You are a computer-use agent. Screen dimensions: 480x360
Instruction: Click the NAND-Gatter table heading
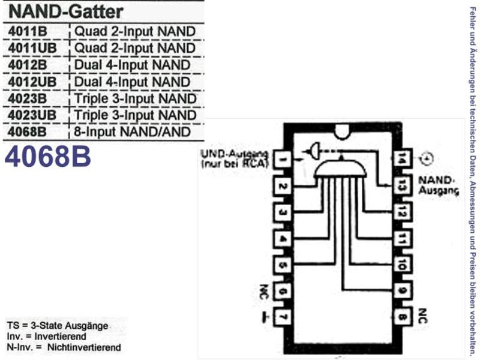(66, 12)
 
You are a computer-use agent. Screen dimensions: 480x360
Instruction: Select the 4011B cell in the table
(28, 31)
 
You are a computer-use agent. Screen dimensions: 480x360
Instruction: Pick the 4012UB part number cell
(32, 82)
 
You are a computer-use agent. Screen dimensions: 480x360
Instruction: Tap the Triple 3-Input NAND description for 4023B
(136, 98)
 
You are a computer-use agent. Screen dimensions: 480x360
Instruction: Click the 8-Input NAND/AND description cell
(132, 132)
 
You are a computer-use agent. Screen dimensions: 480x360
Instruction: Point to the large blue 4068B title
(48, 156)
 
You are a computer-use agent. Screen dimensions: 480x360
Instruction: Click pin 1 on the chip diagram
(281, 159)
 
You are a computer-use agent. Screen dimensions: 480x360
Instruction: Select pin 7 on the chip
(281, 317)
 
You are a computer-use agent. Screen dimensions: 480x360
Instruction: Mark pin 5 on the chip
(281, 265)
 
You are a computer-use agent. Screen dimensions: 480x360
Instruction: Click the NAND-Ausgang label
(439, 185)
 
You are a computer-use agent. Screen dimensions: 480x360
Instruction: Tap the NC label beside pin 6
(264, 292)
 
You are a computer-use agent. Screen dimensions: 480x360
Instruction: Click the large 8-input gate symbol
(340, 168)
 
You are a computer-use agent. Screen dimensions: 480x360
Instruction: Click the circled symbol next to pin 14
(427, 158)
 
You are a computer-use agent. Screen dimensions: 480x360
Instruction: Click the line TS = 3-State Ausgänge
(58, 326)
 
